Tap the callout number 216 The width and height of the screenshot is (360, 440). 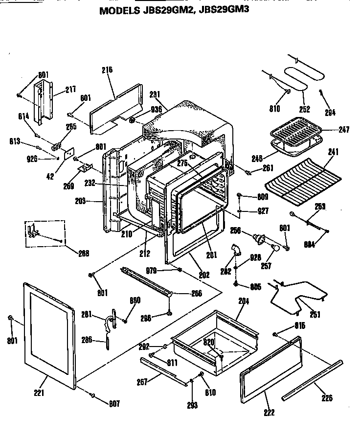[107, 70]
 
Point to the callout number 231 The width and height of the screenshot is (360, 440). [155, 93]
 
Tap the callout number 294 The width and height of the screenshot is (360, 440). [330, 112]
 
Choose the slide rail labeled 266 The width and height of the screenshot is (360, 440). [147, 283]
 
